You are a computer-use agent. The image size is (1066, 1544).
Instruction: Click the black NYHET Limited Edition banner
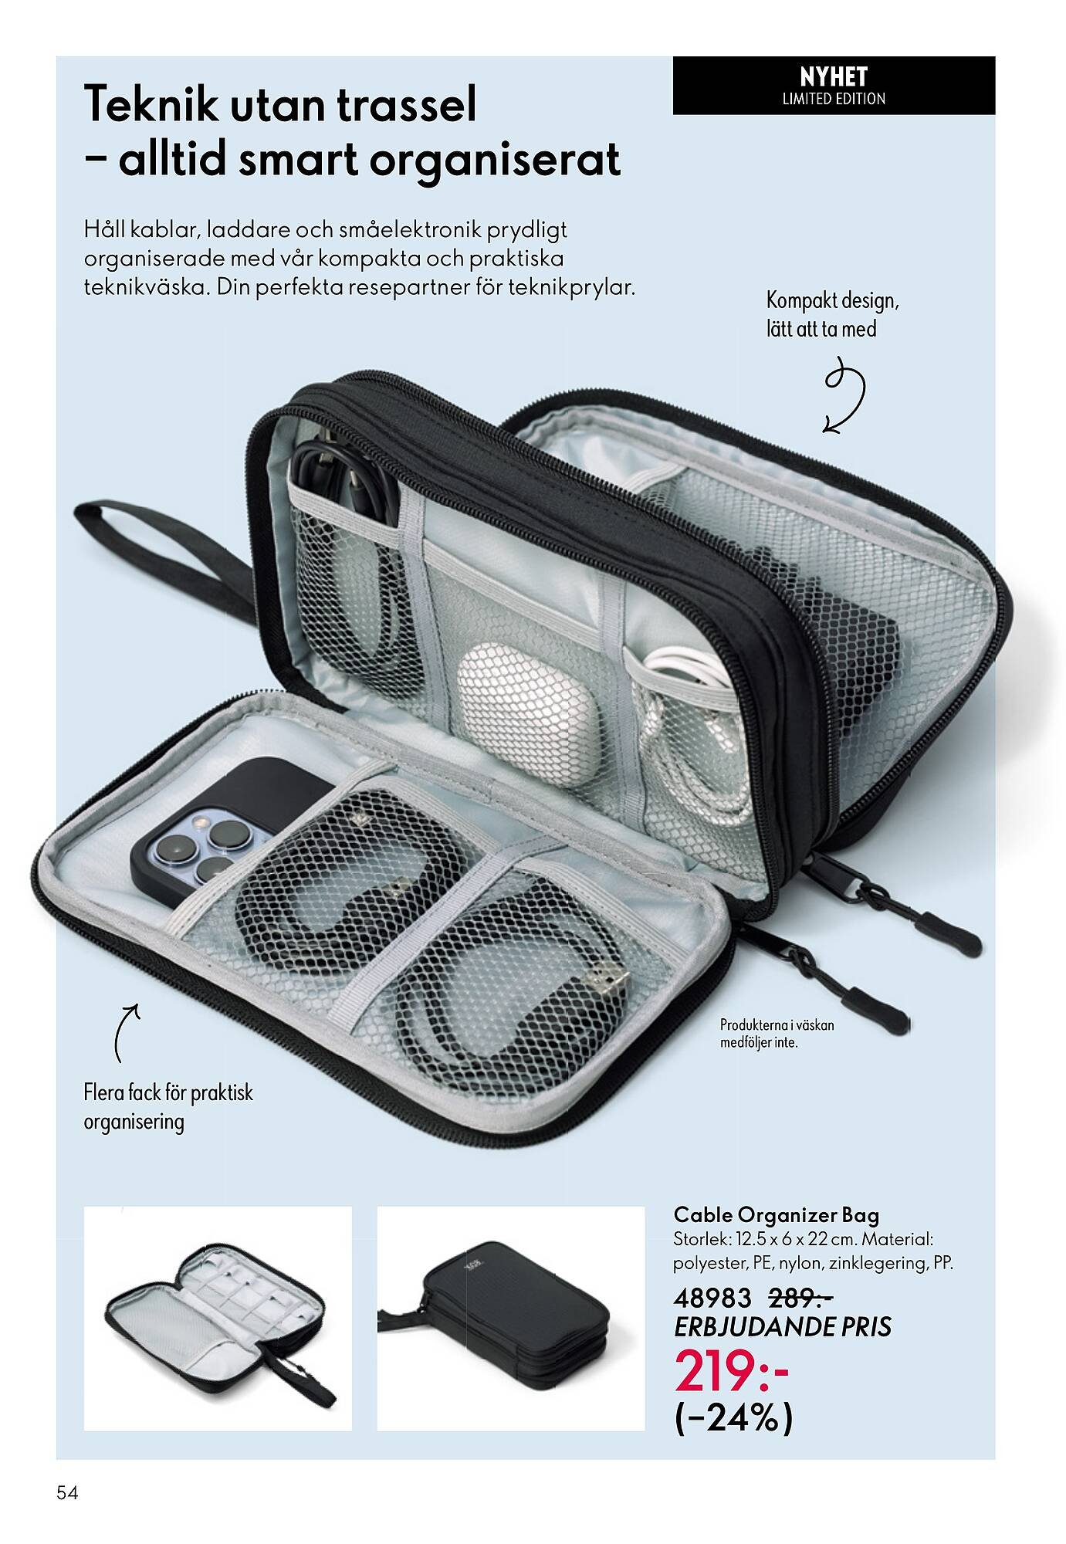tap(834, 86)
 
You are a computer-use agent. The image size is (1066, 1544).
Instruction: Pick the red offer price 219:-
tap(732, 1370)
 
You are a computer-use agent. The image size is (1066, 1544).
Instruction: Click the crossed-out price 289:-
tap(801, 1299)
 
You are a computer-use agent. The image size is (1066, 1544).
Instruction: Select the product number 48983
tap(712, 1299)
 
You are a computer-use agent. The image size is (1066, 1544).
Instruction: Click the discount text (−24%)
tap(733, 1417)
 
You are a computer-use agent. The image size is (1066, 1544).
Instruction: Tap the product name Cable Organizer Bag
tap(777, 1216)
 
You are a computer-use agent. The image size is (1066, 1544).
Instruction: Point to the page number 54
tap(67, 1493)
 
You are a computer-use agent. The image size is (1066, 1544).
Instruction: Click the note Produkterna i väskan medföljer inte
tap(777, 1034)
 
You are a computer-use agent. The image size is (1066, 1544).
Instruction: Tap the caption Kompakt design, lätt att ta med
tap(832, 314)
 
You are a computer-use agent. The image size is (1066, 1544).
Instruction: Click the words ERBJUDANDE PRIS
tap(783, 1327)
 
